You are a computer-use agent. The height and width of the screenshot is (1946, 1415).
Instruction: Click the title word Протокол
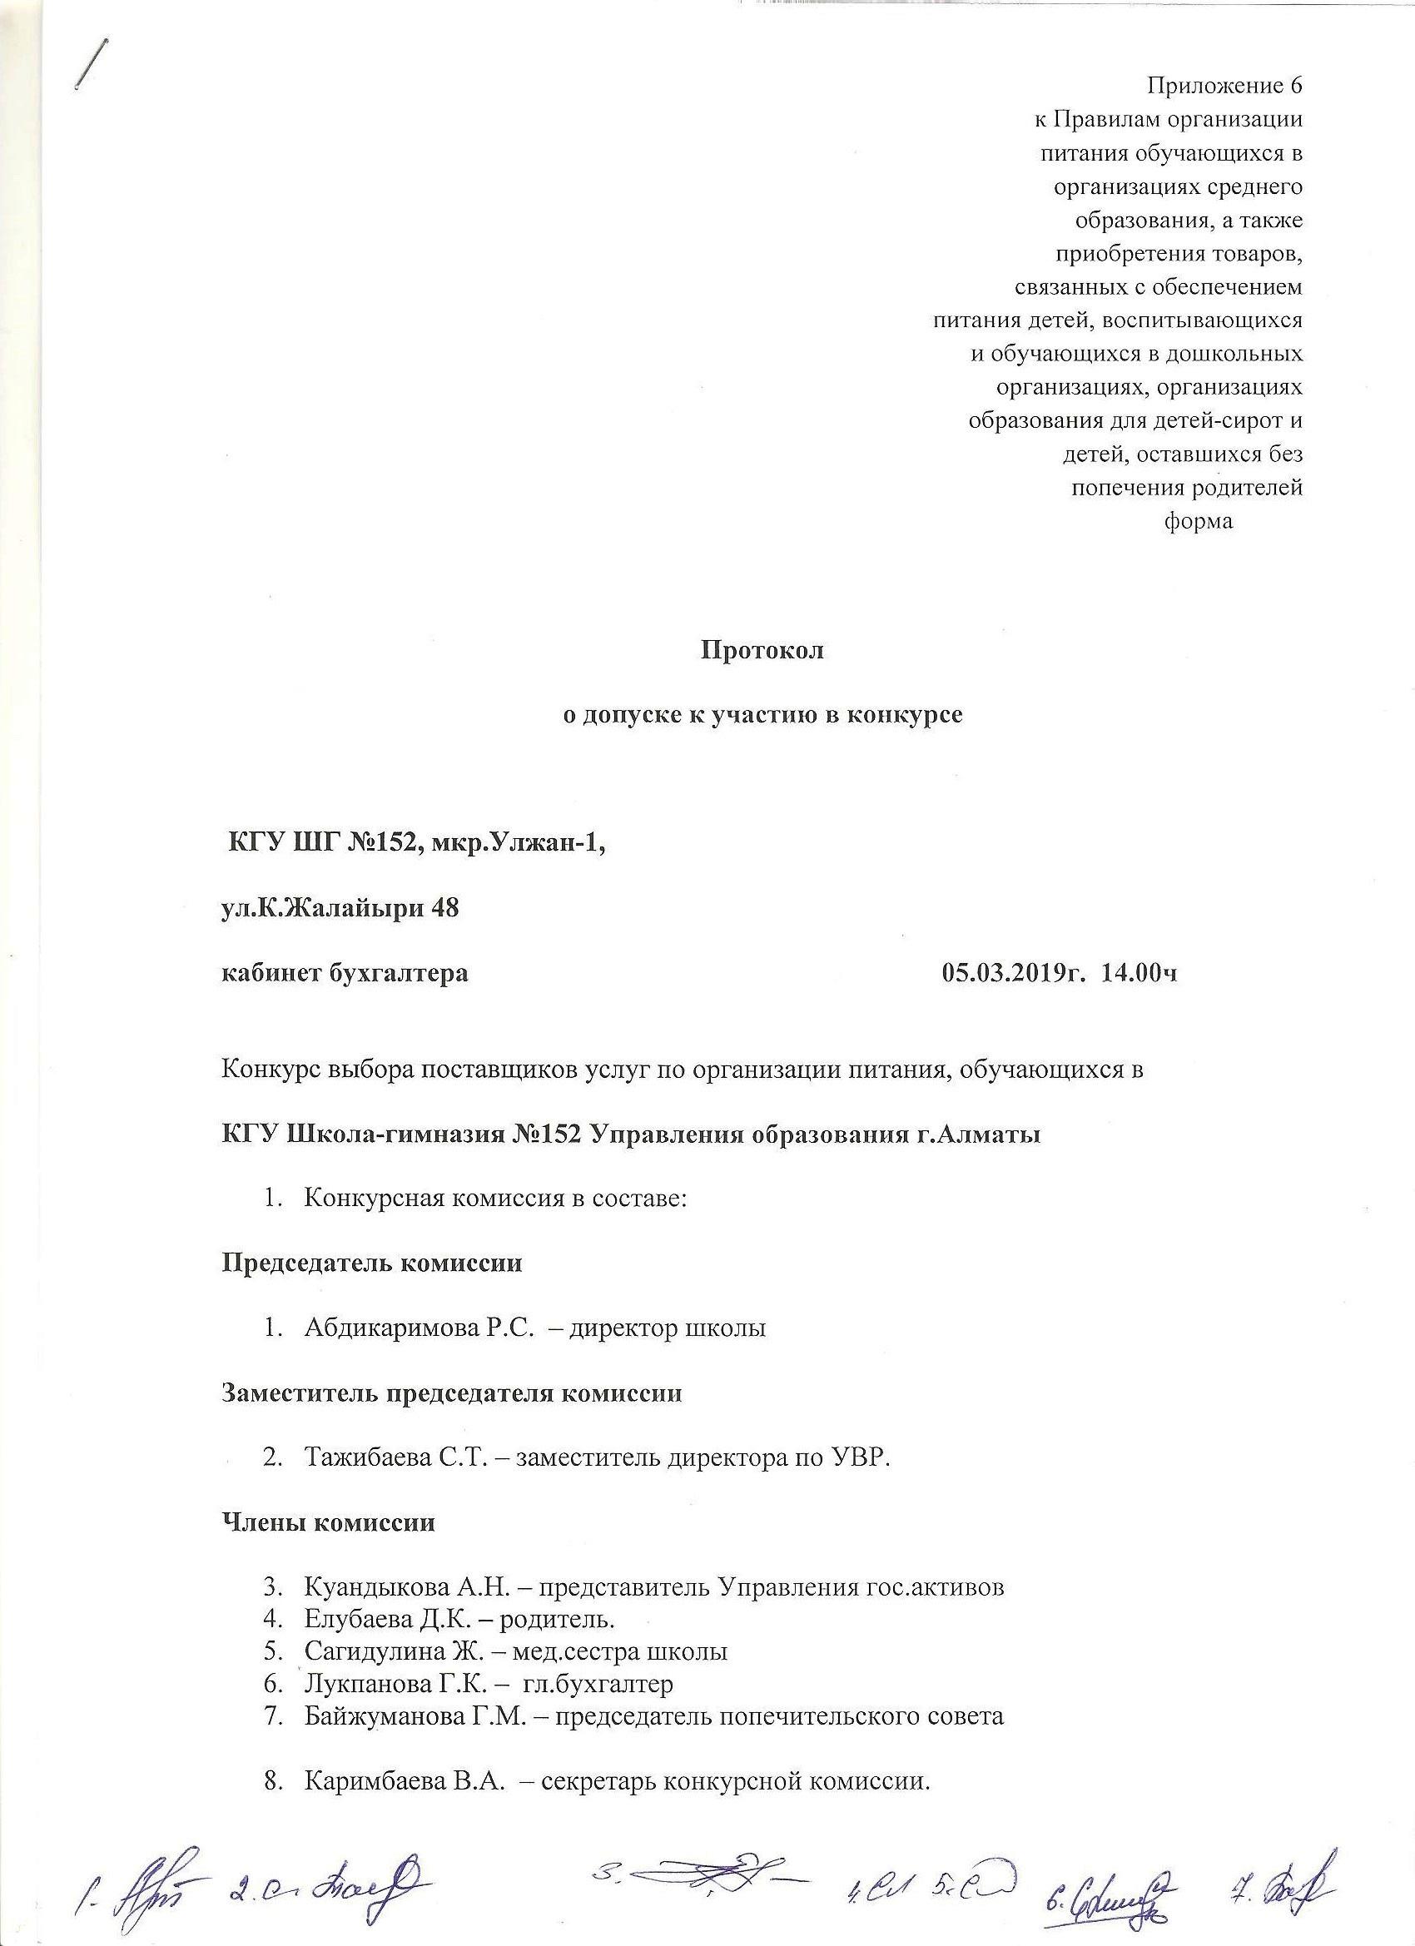(x=762, y=650)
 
